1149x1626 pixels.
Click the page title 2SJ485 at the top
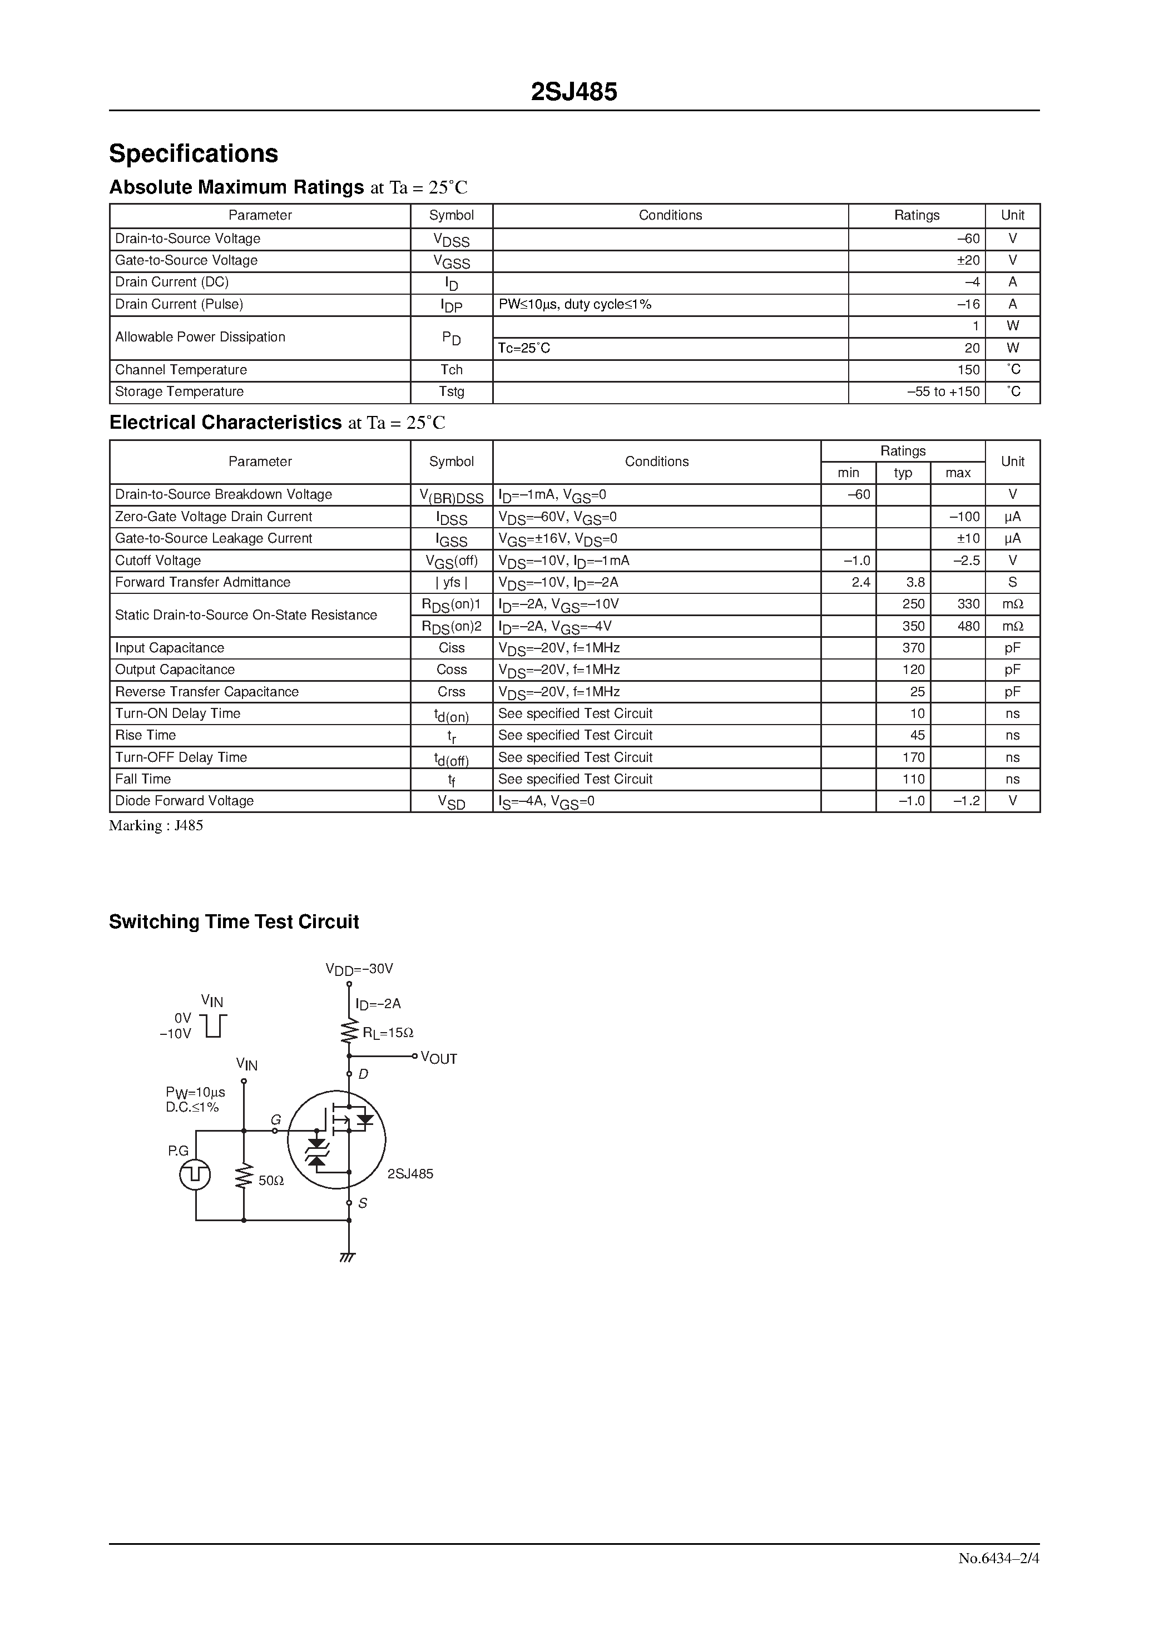click(x=574, y=92)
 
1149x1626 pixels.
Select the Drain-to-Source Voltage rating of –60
click(x=968, y=239)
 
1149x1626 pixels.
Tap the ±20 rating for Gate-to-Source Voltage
click(x=968, y=261)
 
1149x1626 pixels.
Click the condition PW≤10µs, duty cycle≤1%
click(x=574, y=305)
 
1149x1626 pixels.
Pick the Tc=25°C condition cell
click(x=524, y=349)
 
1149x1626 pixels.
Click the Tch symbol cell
click(x=451, y=370)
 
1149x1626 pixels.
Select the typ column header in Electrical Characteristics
click(x=903, y=473)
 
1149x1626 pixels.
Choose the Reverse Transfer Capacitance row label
click(x=207, y=692)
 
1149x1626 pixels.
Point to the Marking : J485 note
click(x=156, y=826)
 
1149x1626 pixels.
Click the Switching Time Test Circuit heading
click(x=234, y=922)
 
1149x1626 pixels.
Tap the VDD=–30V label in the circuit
click(x=359, y=969)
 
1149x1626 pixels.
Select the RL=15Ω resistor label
click(x=388, y=1033)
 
